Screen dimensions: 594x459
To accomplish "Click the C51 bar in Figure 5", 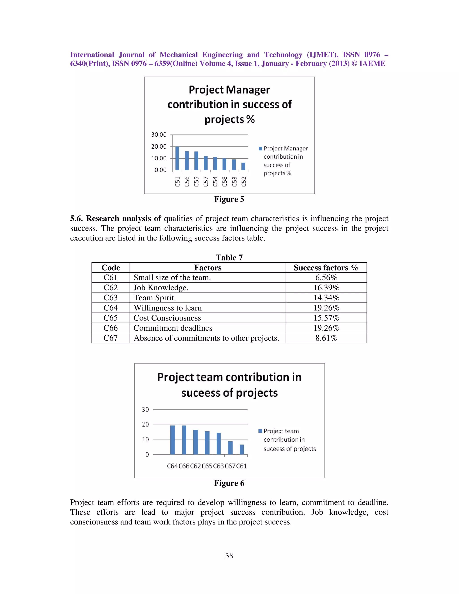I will click(x=177, y=158).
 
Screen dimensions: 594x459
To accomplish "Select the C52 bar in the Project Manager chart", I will click(x=243, y=167).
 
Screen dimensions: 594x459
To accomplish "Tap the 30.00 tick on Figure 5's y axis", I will click(x=159, y=135).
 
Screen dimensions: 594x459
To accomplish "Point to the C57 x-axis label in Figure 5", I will click(x=206, y=181).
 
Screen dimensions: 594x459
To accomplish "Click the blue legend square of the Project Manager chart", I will click(x=260, y=148).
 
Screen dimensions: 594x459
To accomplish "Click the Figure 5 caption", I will click(x=229, y=199).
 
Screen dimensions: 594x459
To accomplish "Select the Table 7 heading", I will click(x=229, y=257).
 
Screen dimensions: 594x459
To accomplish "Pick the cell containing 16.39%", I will click(x=326, y=288).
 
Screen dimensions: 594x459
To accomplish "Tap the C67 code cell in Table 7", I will click(x=110, y=338).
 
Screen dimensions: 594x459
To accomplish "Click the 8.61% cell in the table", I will click(x=326, y=338).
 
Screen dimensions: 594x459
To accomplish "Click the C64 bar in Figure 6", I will click(x=172, y=440).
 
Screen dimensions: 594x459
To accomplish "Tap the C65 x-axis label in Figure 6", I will click(x=207, y=466).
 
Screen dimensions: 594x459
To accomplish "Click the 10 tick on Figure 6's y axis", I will click(x=145, y=439).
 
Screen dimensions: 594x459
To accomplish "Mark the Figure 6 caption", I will click(x=229, y=483).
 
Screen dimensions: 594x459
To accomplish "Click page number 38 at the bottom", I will click(x=229, y=556).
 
